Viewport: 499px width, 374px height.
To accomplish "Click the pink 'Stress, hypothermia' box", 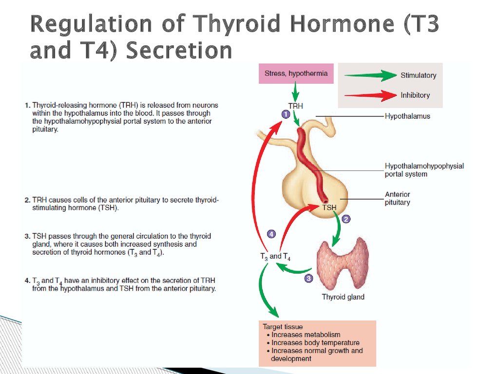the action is coord(296,74).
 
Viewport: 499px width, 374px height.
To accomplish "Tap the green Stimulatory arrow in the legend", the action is coord(370,75).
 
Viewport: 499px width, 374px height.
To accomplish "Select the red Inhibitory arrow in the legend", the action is coord(370,95).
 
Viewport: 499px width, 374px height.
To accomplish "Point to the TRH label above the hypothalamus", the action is coord(296,106).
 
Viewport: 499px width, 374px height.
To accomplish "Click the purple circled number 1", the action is coord(286,114).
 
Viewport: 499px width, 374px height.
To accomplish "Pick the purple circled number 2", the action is coord(346,219).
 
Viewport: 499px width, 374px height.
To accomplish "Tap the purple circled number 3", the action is coord(308,278).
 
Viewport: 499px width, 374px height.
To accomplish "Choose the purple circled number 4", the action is coord(271,234).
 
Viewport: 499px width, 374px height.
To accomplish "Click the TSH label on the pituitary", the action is coord(329,207).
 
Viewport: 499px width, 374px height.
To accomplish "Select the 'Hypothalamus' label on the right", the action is coord(407,116).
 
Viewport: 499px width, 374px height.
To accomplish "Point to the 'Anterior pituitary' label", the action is coord(398,198).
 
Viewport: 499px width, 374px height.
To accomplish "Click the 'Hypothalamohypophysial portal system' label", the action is coord(424,170).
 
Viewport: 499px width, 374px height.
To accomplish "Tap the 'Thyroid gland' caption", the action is coord(343,297).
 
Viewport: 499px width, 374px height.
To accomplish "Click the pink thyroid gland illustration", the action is coord(342,264).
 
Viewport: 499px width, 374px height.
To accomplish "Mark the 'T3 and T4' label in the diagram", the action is coord(275,257).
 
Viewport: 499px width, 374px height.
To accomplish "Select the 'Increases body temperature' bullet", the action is coord(313,342).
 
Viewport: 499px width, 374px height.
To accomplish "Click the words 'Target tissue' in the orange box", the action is coord(283,327).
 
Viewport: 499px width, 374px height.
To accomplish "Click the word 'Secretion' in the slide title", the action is coord(179,50).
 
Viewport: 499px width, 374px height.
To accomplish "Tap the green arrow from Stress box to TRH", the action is coord(296,92).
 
